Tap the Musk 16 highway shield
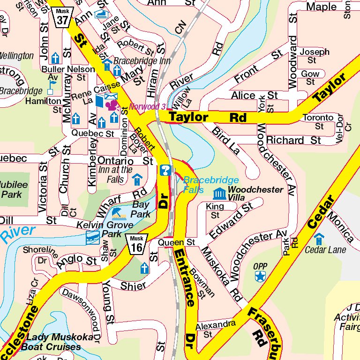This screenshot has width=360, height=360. click(x=137, y=244)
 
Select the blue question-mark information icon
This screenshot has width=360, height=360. click(x=165, y=170)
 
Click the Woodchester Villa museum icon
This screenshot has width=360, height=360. click(x=219, y=193)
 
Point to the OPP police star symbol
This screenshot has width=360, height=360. click(x=260, y=277)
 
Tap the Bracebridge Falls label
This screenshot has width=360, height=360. click(x=210, y=185)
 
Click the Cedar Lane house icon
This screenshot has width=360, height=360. click(x=319, y=239)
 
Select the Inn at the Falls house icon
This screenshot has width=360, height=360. click(x=137, y=179)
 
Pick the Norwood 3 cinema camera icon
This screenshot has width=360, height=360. click(x=112, y=104)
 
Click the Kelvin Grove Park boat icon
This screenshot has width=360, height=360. click(x=93, y=238)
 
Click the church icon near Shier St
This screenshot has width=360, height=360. click(x=145, y=269)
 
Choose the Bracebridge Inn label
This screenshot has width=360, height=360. click(x=135, y=61)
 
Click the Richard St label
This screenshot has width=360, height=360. click(x=293, y=140)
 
